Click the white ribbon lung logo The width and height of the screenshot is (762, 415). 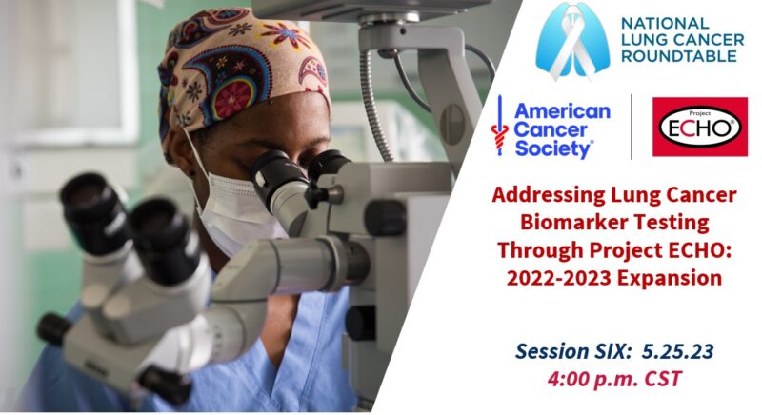572,41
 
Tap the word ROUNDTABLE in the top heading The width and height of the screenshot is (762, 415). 679,56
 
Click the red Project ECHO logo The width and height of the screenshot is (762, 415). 700,127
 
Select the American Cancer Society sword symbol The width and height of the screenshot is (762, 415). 499,126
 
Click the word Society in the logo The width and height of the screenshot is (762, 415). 553,148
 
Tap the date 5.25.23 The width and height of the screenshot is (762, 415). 677,351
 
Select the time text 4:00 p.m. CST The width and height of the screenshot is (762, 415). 614,379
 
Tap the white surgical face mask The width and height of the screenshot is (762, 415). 232,208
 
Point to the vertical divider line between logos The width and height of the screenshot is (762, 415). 632,127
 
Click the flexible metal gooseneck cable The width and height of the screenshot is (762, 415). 373,107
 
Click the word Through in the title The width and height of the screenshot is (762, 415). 540,251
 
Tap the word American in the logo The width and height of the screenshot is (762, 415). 562,111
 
